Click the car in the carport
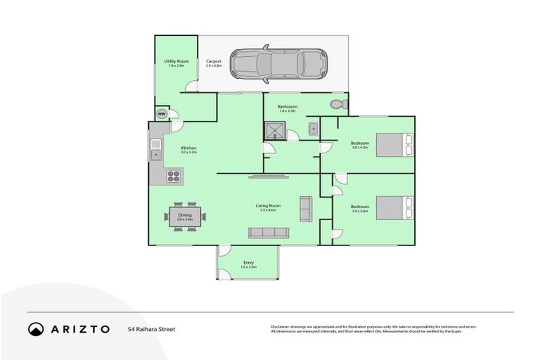pos(278,63)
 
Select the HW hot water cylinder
pos(161,114)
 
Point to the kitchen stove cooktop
pos(174,176)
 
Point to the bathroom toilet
pos(337,105)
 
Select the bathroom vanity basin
pos(314,128)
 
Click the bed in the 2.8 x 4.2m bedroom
pos(392,145)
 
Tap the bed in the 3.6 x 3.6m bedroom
pos(392,209)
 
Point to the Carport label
pos(214,62)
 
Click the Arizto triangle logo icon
pos(36,329)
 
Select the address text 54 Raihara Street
pos(151,329)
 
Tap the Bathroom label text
pos(287,107)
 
